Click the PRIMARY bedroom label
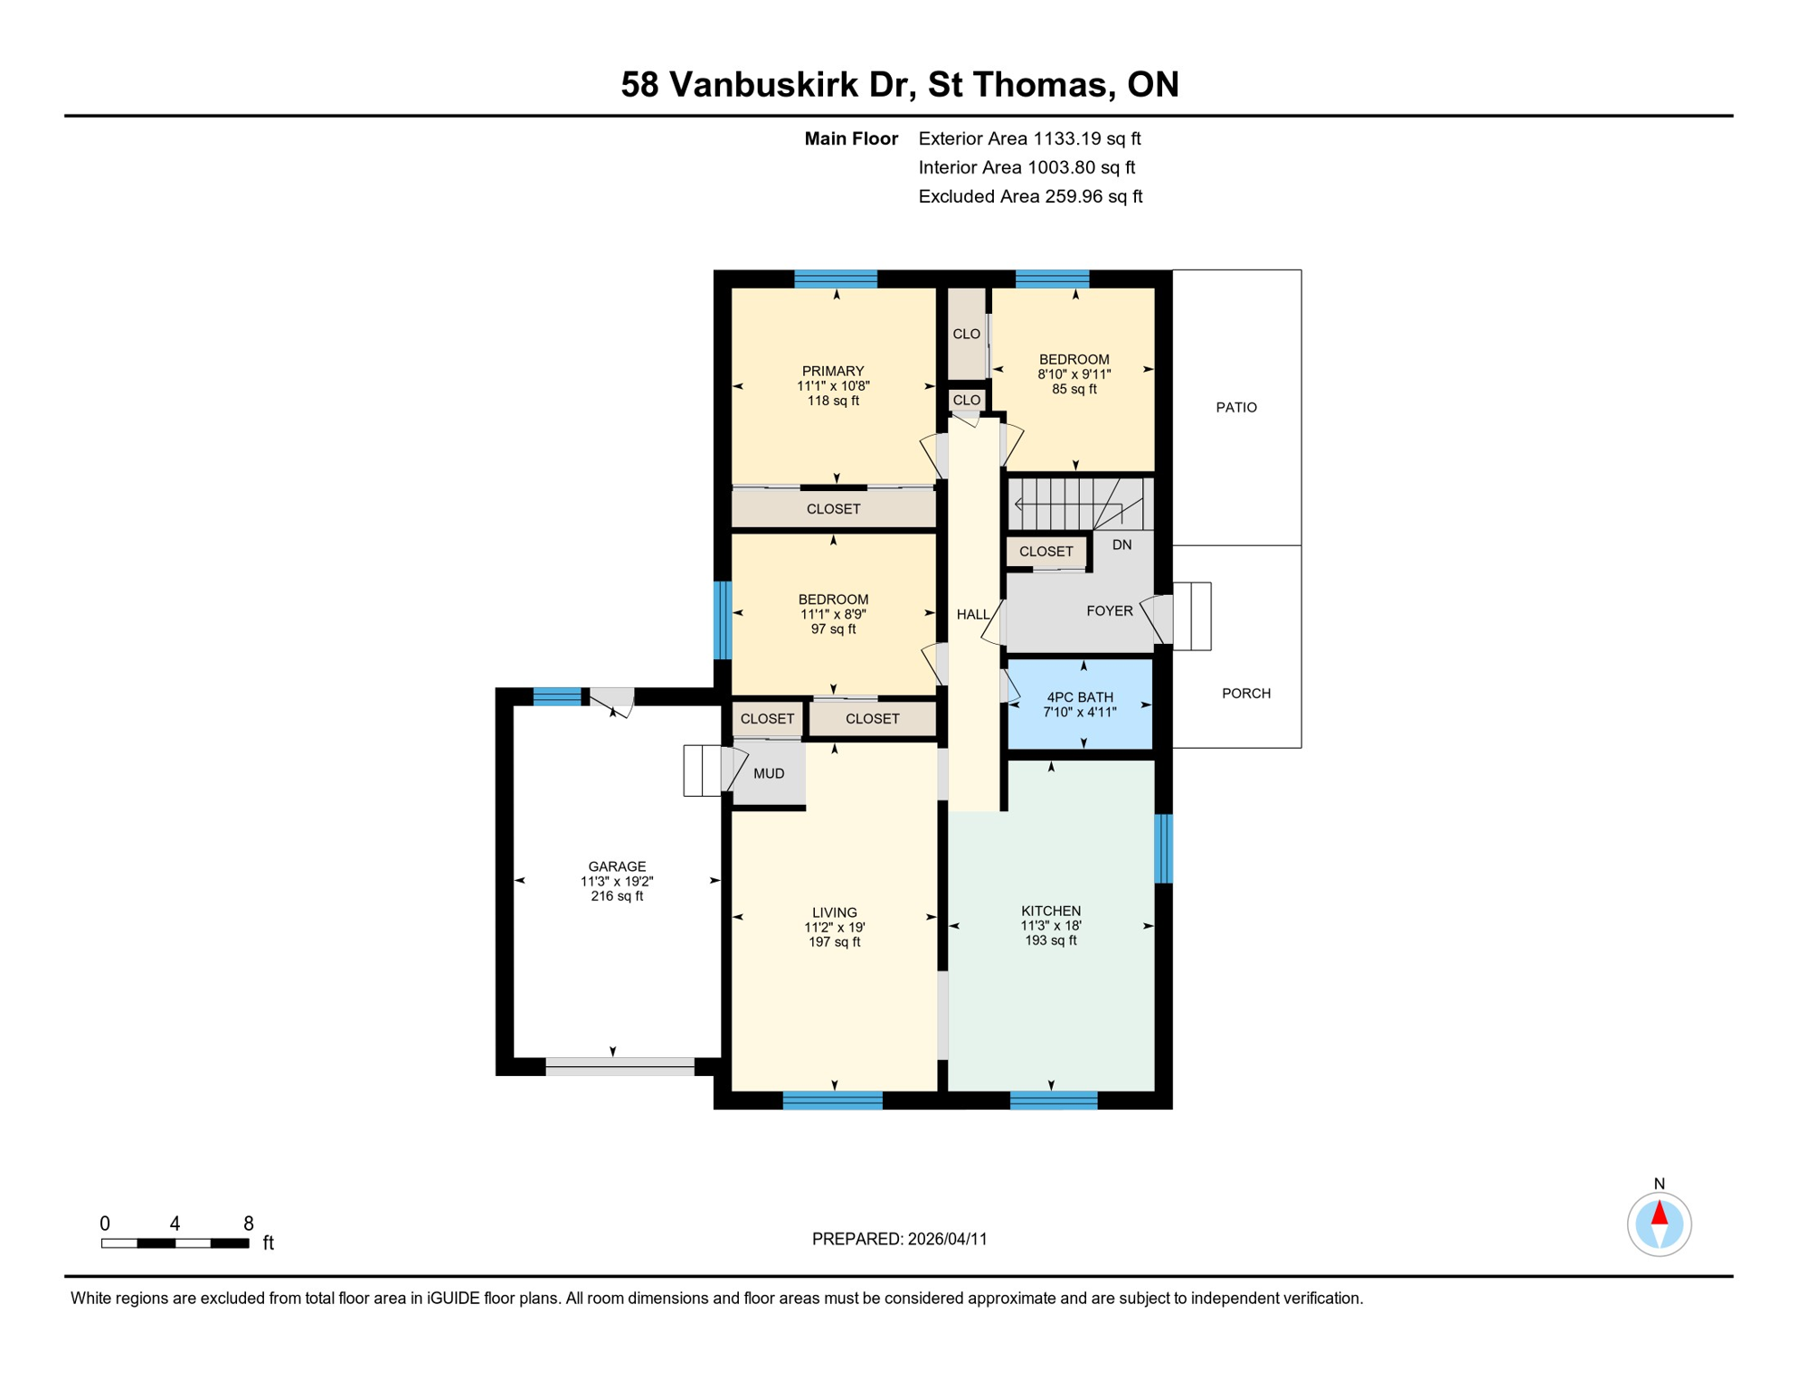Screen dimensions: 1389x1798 (x=832, y=371)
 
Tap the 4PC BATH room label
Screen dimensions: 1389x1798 (x=1079, y=697)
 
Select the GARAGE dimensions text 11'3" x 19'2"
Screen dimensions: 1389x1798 (x=617, y=881)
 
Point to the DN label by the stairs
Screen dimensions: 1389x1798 (x=1121, y=544)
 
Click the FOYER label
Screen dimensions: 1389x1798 (x=1109, y=611)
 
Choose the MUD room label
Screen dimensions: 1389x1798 (x=769, y=773)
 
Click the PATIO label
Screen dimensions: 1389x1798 (x=1235, y=408)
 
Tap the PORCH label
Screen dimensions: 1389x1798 (x=1245, y=694)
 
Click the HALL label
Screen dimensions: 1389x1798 (x=972, y=615)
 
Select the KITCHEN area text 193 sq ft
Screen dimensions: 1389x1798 (x=1050, y=940)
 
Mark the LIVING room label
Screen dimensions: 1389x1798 (x=833, y=912)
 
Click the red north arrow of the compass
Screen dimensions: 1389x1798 (x=1659, y=1213)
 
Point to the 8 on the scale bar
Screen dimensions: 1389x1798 (x=249, y=1224)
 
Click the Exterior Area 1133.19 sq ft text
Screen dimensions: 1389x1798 (x=1029, y=138)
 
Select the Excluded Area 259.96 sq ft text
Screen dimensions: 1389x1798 (x=1029, y=196)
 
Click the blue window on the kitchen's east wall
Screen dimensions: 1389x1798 (x=1163, y=848)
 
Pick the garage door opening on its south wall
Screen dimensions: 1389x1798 (x=620, y=1066)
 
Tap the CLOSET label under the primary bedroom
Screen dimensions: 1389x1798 (x=833, y=509)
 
